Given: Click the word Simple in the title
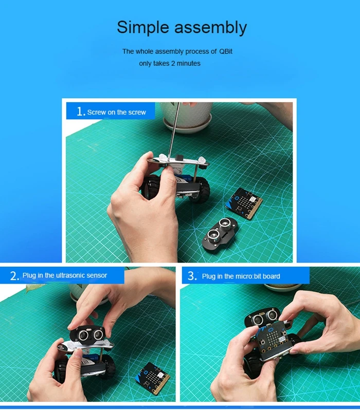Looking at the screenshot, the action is point(143,28).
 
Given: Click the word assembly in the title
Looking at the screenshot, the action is point(210,28).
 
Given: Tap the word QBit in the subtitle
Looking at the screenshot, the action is point(226,51).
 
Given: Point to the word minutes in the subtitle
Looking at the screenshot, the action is point(189,64).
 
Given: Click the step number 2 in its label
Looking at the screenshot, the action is point(13,276).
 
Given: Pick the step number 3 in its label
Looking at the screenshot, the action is point(191,276).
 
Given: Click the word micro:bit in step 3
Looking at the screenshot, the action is point(248,276).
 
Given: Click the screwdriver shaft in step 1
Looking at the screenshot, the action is point(174,130).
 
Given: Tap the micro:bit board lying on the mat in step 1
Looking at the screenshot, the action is point(243,203).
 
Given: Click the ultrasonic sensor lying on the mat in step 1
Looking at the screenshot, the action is point(220,233).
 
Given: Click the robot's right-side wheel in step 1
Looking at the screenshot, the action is point(201,190).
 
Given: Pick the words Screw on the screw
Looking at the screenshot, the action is point(117,113).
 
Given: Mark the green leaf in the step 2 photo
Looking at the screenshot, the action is point(33,288).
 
